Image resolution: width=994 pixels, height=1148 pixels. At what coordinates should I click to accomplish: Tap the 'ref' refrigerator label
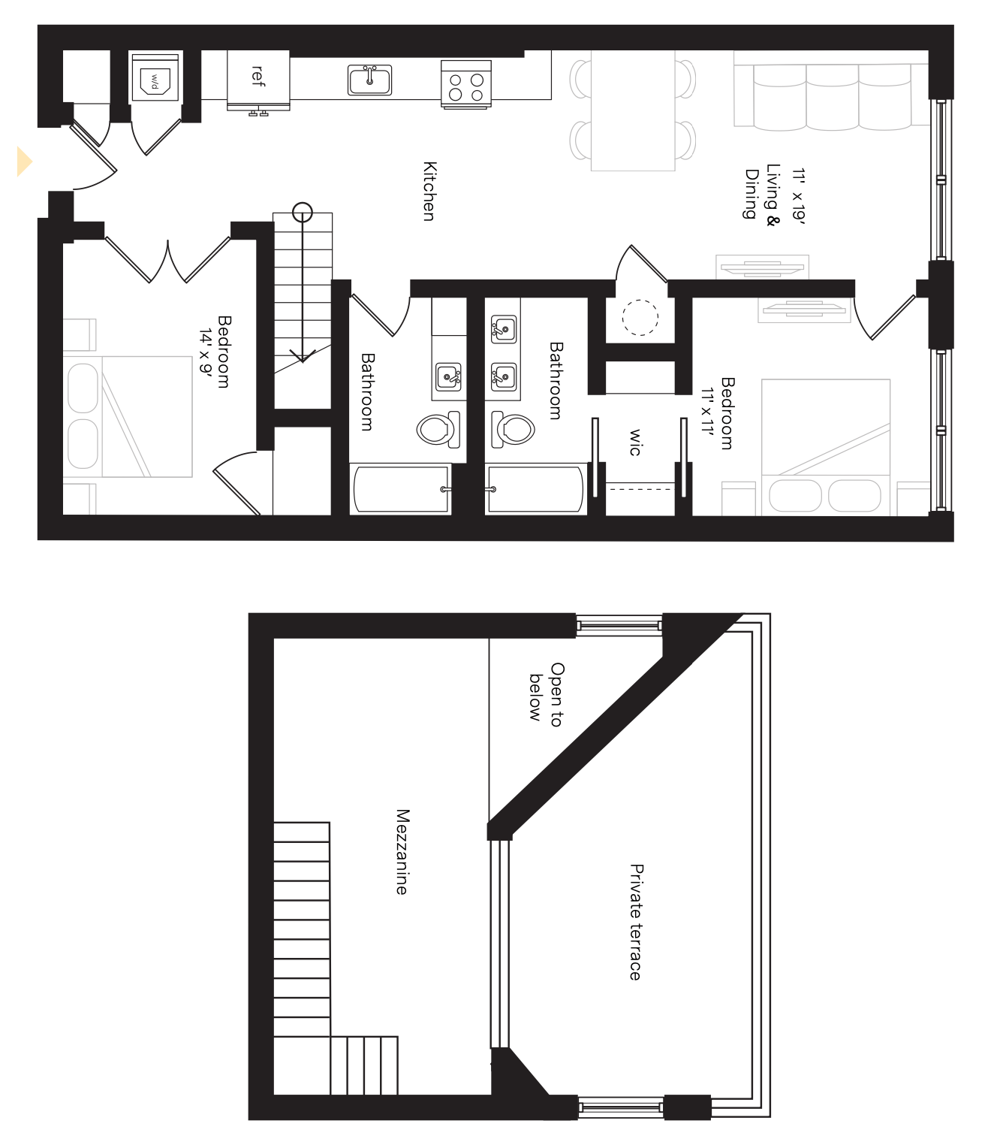coord(258,75)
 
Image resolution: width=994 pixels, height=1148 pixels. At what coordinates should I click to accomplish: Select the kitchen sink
coord(369,80)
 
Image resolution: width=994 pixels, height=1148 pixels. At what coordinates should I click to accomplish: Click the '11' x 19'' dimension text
coord(797,197)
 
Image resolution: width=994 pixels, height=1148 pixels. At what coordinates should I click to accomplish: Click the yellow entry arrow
coord(25,162)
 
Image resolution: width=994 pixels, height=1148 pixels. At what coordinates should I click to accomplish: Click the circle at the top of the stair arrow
coord(303,213)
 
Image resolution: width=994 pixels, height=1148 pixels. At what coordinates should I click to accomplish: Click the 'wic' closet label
coord(635,442)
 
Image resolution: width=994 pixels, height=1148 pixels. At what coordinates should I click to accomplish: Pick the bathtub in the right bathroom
coord(535,489)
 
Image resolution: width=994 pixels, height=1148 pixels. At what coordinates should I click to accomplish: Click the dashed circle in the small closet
coord(640,317)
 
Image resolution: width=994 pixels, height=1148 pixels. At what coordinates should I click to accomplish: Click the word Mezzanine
coord(402,851)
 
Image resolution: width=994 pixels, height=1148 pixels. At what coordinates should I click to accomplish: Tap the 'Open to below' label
coord(545,694)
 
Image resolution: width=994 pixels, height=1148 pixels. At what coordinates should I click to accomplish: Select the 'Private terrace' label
coord(636,922)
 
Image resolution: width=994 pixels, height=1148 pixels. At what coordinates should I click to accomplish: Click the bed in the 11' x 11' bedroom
coord(826,446)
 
